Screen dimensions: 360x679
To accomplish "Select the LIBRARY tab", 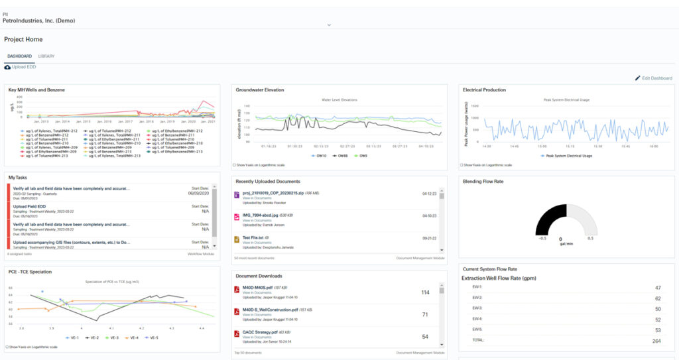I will pyautogui.click(x=46, y=56).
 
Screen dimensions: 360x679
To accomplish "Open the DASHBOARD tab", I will pyautogui.click(x=19, y=56).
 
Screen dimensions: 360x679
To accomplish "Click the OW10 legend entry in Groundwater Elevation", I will pyautogui.click(x=320, y=156).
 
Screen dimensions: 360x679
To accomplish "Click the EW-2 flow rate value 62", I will pyautogui.click(x=658, y=298).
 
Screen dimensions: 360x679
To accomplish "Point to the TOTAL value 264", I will pyautogui.click(x=656, y=340).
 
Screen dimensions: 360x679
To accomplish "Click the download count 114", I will pyautogui.click(x=426, y=292).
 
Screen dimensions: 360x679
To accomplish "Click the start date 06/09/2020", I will pyautogui.click(x=198, y=193).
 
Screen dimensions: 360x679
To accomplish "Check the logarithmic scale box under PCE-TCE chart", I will pyautogui.click(x=7, y=347).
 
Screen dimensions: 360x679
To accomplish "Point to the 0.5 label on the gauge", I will pyautogui.click(x=590, y=238).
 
